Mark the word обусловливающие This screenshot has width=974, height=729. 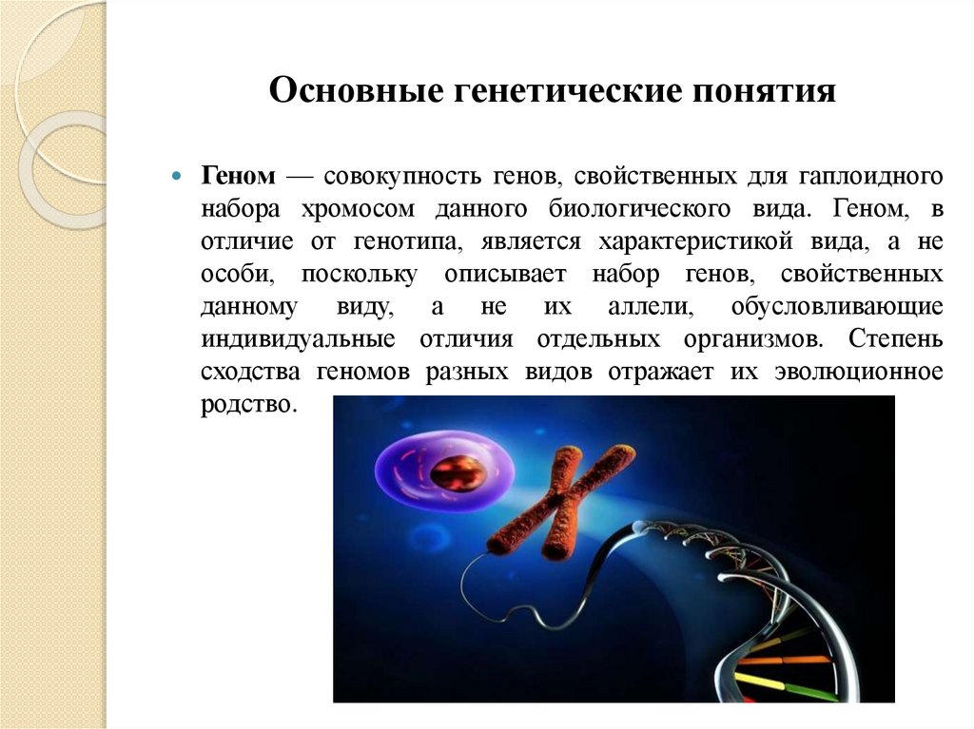tap(837, 307)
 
